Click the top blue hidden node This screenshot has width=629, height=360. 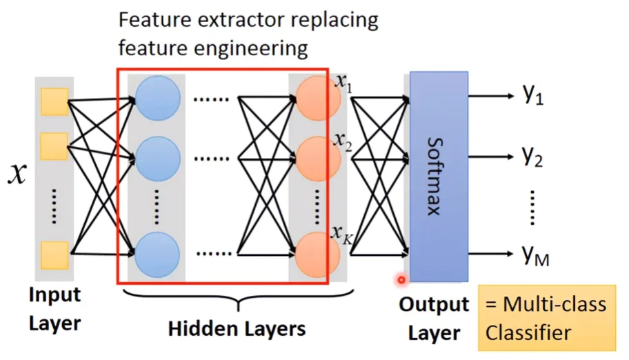158,99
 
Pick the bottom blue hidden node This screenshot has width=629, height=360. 158,254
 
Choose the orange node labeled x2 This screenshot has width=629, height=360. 317,159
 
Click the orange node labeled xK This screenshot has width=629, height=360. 317,254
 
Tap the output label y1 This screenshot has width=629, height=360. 533,96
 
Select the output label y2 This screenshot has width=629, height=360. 533,157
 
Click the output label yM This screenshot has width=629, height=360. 535,257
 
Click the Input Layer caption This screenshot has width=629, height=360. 54,308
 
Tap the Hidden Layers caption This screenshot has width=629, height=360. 237,328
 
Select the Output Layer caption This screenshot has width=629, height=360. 434,319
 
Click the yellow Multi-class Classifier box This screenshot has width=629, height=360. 546,318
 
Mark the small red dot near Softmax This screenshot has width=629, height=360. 401,279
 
